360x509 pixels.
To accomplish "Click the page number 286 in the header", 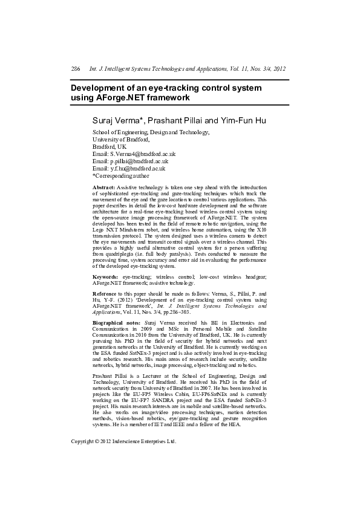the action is (76, 70).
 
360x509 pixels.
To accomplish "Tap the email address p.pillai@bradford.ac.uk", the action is (138, 161).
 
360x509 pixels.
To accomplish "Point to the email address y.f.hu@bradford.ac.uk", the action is (137, 169).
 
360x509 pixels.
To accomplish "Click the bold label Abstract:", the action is (103, 188).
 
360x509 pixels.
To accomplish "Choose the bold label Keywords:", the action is (104, 276).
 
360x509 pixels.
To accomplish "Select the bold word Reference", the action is (105, 293).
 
